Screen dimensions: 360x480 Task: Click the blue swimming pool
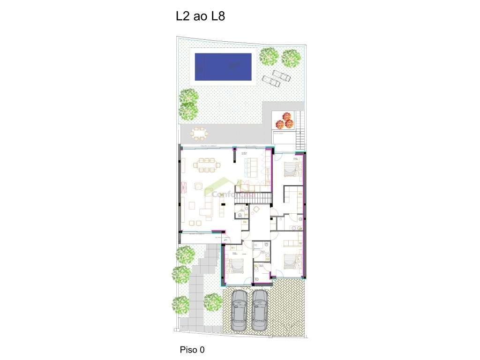point(223,67)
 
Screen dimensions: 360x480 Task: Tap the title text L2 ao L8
point(200,17)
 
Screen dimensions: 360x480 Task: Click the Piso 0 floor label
point(192,349)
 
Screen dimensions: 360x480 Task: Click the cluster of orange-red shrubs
point(285,120)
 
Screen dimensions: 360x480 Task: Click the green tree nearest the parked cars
point(213,302)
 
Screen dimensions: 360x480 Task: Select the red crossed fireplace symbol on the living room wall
point(182,189)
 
